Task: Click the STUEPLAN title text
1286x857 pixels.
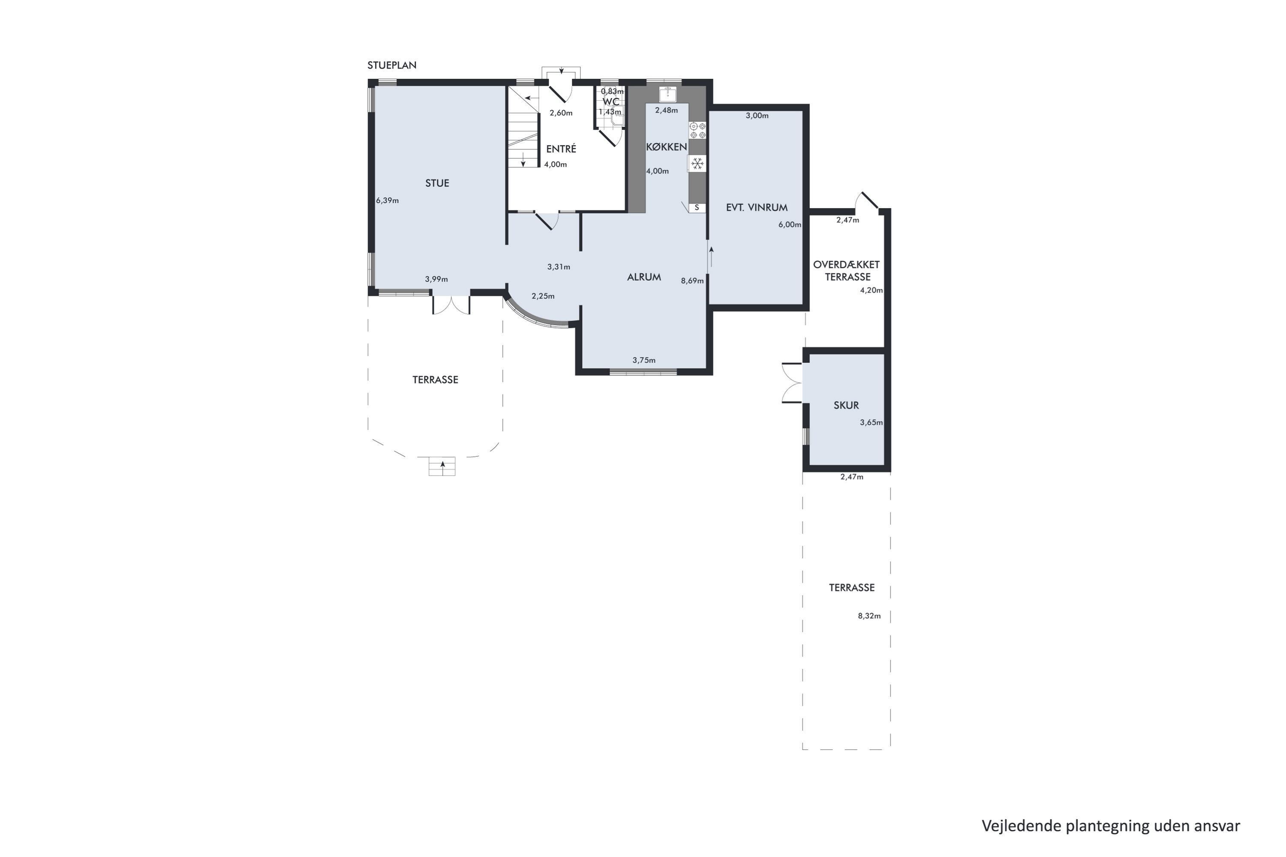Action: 391,66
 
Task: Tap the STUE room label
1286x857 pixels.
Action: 437,183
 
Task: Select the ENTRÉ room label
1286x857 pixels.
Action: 561,149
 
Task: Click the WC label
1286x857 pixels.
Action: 611,102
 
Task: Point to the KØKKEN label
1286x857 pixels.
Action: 666,147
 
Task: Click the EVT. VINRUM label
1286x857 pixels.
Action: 757,208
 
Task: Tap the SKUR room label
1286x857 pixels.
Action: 846,405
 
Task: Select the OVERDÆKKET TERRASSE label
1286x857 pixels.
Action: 847,270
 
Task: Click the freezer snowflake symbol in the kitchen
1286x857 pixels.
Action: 697,163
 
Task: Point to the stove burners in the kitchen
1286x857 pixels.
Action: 697,130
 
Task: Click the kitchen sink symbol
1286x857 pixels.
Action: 667,94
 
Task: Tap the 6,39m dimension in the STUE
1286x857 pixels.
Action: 387,201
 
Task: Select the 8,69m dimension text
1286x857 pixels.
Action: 692,281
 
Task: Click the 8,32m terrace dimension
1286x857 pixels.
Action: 869,616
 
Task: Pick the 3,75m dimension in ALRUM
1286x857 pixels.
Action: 644,360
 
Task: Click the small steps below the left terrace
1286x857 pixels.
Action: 442,466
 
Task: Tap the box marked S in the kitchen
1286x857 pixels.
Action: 697,208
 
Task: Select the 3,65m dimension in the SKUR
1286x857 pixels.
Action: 871,423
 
